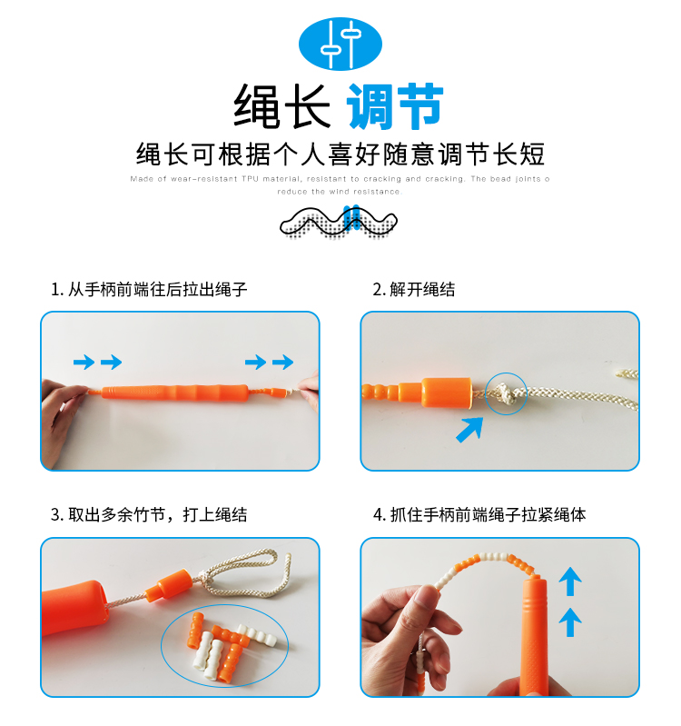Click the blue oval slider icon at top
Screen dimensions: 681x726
point(340,44)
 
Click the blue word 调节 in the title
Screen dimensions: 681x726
point(395,106)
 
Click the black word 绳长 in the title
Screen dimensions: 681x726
point(281,106)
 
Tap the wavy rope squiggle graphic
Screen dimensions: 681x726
point(338,224)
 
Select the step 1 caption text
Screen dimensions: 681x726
point(149,289)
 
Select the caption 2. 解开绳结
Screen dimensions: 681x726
point(414,289)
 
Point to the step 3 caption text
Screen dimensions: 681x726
point(149,514)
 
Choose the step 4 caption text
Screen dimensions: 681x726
point(479,514)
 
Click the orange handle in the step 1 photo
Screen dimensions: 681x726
point(175,393)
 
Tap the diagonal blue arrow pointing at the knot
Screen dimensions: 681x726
point(469,430)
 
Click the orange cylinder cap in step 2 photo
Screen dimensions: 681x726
point(447,393)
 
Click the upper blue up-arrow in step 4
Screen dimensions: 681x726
point(570,582)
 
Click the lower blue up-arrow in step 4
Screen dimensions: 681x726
point(570,622)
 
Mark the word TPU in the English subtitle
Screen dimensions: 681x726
point(250,179)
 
